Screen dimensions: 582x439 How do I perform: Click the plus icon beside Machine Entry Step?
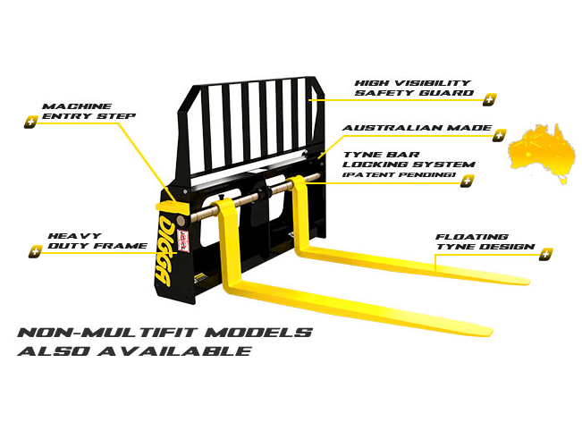click(30, 122)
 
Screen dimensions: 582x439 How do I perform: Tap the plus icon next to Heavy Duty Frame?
click(35, 251)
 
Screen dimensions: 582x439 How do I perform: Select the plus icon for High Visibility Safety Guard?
click(490, 99)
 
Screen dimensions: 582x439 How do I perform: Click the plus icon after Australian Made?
click(499, 135)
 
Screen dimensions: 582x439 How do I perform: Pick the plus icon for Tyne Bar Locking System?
click(467, 181)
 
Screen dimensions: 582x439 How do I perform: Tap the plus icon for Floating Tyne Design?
click(545, 254)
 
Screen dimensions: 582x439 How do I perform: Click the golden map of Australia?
click(541, 153)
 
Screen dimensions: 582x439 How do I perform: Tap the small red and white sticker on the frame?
click(184, 241)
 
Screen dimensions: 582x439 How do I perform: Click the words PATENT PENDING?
click(399, 174)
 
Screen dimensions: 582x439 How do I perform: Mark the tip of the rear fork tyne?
click(527, 281)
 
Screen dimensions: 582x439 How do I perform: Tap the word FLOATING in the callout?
click(472, 236)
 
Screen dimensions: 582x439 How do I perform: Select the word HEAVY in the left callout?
click(74, 236)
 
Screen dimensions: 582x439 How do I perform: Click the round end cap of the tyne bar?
click(181, 221)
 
